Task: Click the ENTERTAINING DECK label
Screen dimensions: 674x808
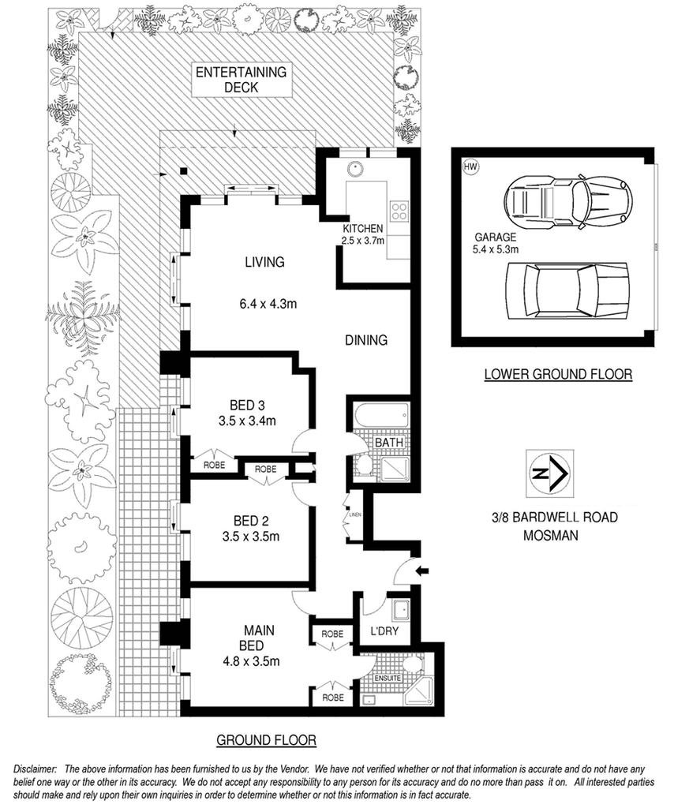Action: pos(241,80)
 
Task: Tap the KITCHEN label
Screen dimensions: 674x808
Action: pos(363,228)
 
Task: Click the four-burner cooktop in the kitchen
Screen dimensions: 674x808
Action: pos(399,211)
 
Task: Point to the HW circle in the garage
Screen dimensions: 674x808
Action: pos(470,167)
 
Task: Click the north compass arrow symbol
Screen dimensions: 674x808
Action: pos(549,473)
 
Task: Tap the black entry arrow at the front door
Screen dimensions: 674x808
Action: pos(422,570)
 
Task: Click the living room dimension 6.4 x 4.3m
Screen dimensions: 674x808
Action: pos(268,304)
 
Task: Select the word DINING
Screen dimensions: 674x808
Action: pos(366,340)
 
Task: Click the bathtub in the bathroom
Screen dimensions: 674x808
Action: pos(382,415)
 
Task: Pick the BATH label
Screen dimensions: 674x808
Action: pos(389,442)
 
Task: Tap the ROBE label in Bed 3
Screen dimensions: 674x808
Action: pos(214,466)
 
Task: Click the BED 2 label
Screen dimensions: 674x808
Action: pos(251,522)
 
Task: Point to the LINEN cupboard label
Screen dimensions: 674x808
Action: pos(355,514)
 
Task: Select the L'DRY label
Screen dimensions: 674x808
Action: pos(384,630)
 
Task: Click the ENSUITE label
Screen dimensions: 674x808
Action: pos(388,678)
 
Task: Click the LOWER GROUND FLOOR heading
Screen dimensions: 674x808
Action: pos(558,374)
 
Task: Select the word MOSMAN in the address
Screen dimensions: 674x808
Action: pos(550,536)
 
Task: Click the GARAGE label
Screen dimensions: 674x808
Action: pos(495,238)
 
